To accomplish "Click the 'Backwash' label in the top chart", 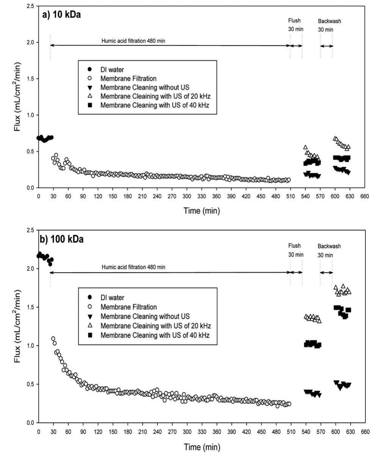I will [x=327, y=21].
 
